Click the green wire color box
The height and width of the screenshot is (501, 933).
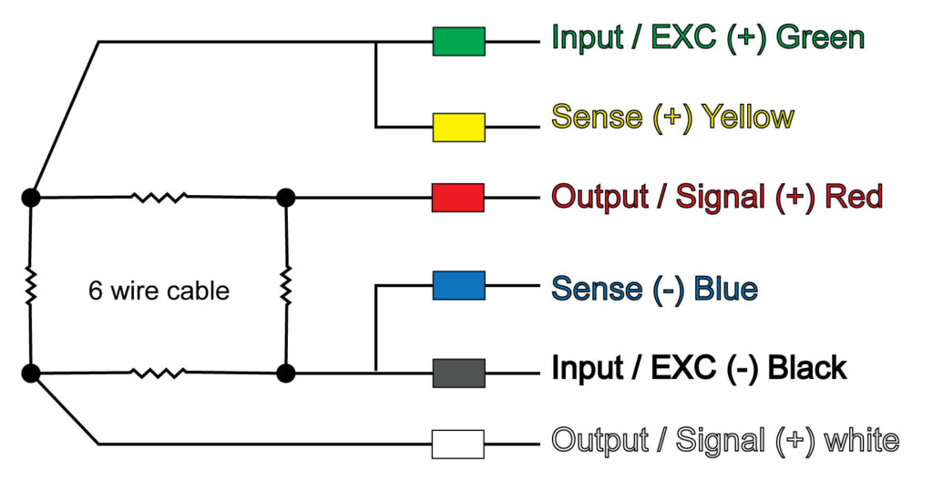click(x=458, y=41)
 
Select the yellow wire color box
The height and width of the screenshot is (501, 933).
click(x=458, y=128)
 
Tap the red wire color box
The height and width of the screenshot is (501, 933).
click(x=458, y=197)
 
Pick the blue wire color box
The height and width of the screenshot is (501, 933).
click(x=458, y=285)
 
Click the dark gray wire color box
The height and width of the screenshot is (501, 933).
click(x=458, y=372)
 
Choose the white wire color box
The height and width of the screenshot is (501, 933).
click(x=458, y=444)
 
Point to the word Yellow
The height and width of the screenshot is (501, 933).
click(x=745, y=117)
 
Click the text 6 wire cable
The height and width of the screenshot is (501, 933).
click(x=159, y=291)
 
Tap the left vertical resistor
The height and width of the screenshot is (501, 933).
click(x=31, y=285)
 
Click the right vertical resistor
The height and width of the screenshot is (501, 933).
click(x=286, y=285)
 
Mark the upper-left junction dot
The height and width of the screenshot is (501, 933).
click(x=31, y=197)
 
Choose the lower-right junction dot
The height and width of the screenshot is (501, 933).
click(x=286, y=372)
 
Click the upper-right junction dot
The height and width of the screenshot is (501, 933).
click(x=286, y=197)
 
